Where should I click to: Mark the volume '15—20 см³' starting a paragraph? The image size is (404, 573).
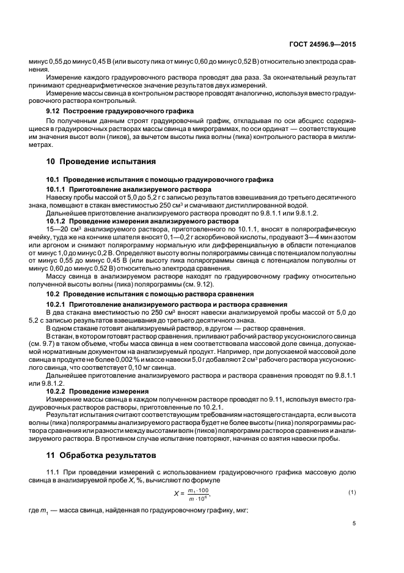62,227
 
